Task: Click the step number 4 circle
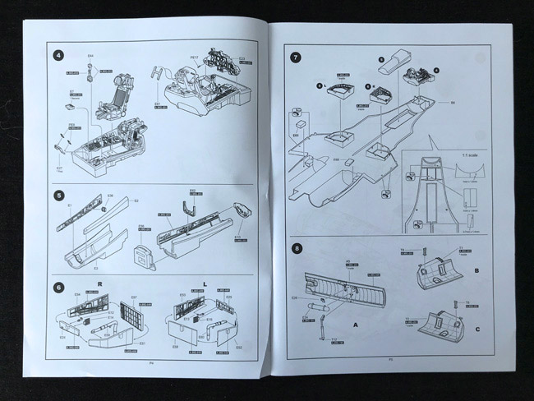click(x=59, y=56)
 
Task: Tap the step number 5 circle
click(x=59, y=196)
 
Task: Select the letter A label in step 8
click(x=355, y=324)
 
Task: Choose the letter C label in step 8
click(x=478, y=331)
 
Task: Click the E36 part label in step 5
click(x=109, y=196)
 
